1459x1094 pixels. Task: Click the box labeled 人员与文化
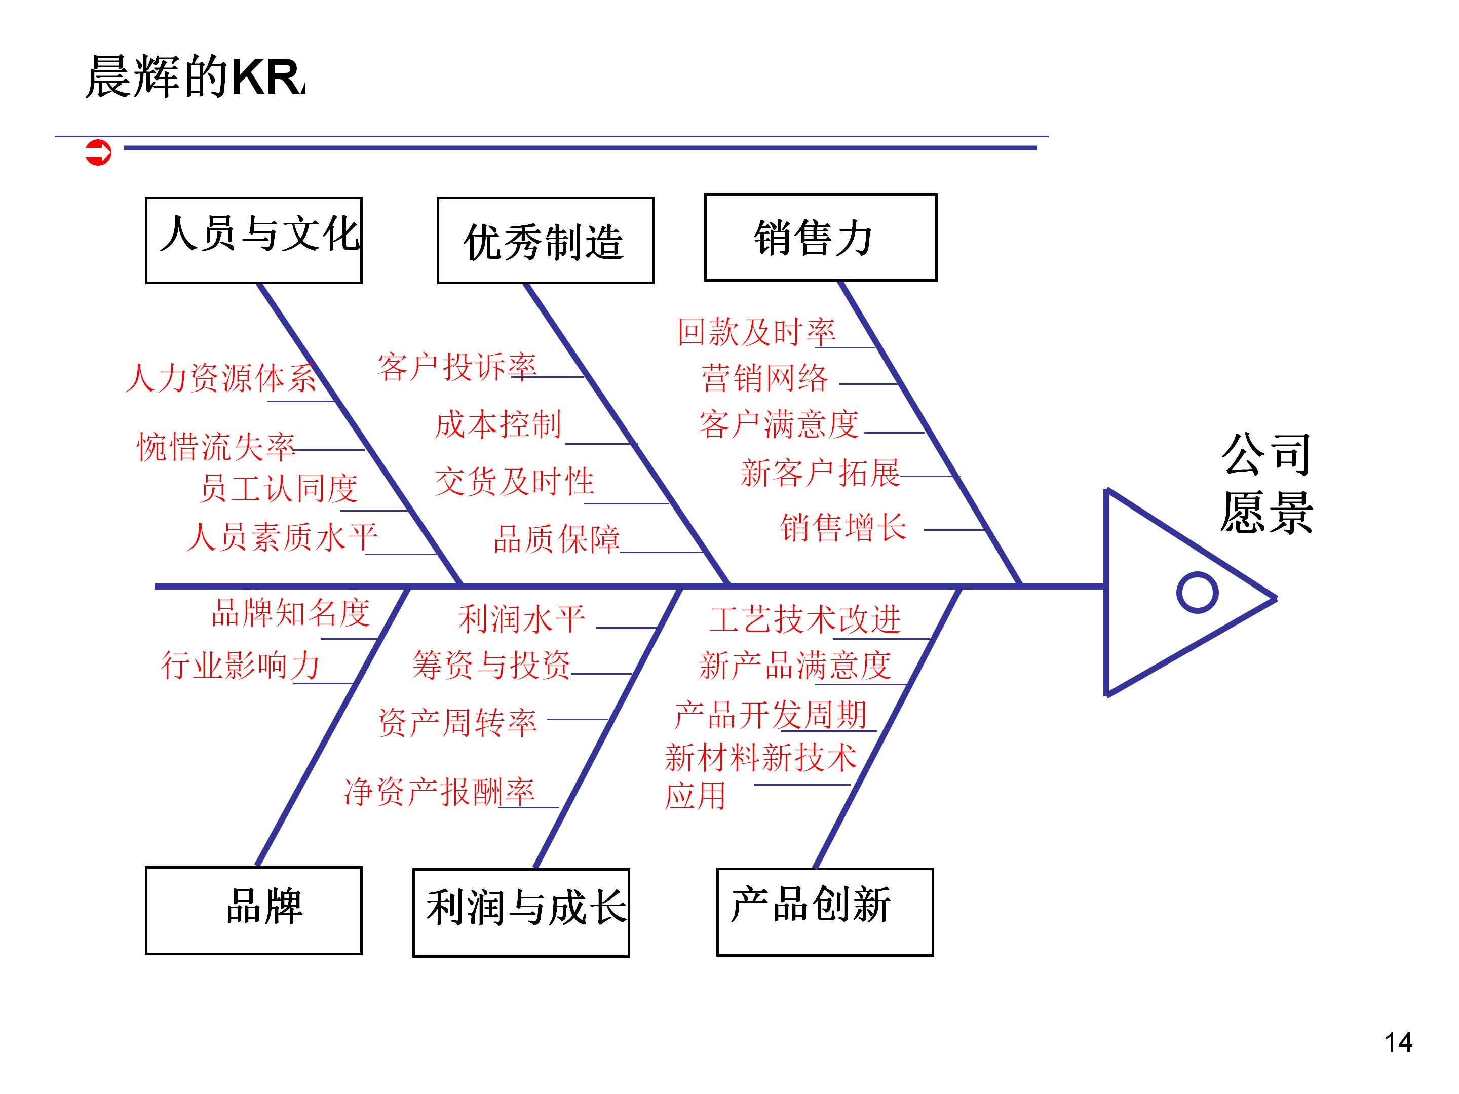pos(254,240)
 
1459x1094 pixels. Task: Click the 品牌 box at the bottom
pos(254,910)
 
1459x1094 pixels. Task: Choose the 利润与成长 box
pos(521,912)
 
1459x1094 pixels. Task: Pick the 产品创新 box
pos(824,911)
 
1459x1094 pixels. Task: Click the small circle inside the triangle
pos(1197,592)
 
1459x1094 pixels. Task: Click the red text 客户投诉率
pos(457,367)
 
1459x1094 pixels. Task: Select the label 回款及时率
pos(756,332)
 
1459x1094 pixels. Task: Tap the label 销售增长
pos(843,528)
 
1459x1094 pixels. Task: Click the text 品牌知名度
pos(290,613)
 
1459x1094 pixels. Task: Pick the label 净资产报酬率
pos(439,791)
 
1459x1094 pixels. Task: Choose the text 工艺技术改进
pos(804,619)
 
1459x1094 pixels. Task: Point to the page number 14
pos(1398,1042)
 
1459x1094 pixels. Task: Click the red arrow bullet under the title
pos(98,152)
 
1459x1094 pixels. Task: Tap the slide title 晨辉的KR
pos(195,77)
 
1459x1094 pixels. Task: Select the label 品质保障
pos(557,539)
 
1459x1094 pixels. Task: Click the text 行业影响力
pos(241,665)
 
